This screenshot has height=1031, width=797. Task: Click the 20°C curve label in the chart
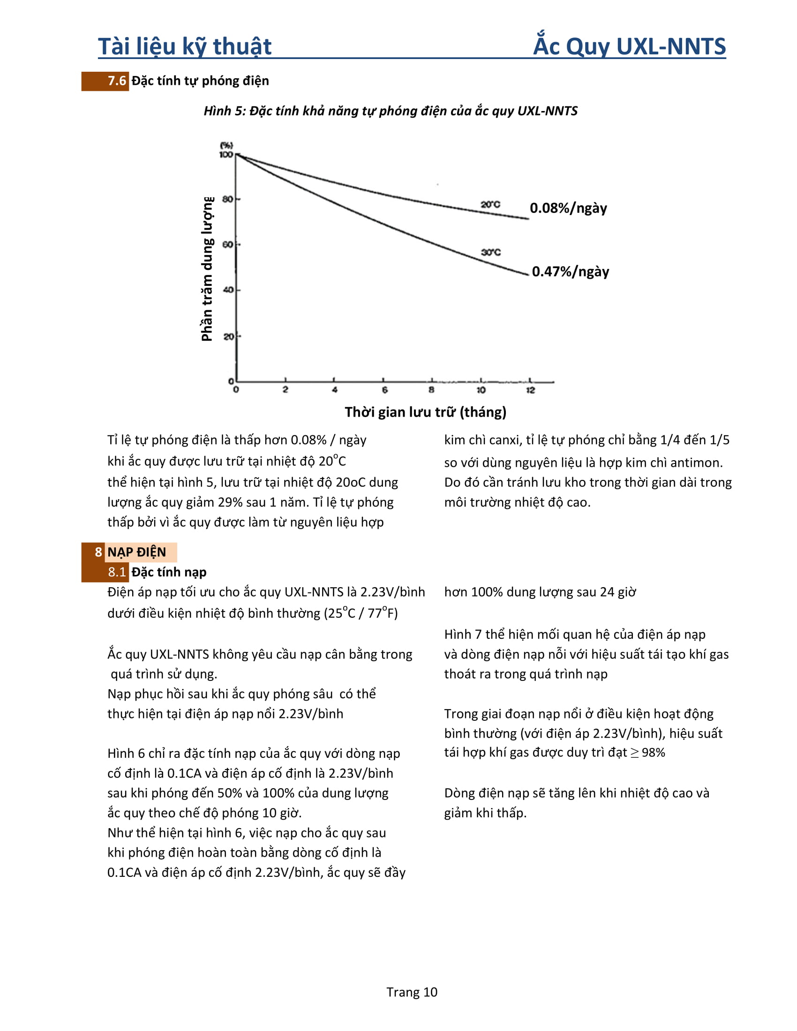tap(490, 204)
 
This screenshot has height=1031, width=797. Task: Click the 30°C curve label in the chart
tap(490, 252)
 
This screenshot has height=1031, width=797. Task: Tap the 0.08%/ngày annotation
tap(568, 208)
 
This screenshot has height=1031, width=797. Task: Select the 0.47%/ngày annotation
tap(571, 271)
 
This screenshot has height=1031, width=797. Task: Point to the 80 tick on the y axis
tap(227, 199)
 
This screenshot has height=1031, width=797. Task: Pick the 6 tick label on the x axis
tap(384, 390)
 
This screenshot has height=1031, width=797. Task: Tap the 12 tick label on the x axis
tap(530, 390)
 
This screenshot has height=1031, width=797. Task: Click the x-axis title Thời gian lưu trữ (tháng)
tap(425, 412)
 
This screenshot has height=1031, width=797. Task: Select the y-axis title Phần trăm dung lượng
tap(207, 269)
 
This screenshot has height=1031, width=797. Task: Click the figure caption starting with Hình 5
tap(391, 111)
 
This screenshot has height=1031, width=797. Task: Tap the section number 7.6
tap(117, 81)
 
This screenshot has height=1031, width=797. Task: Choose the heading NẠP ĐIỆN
tap(137, 552)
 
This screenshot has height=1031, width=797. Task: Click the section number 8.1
tap(117, 572)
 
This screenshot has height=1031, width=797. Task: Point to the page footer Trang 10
tap(412, 992)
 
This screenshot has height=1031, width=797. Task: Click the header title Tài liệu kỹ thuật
tap(185, 46)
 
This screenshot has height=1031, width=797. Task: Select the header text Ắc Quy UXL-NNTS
tap(629, 46)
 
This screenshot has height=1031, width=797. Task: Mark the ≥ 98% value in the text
tap(647, 753)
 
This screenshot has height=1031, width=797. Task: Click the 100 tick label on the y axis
tap(226, 155)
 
